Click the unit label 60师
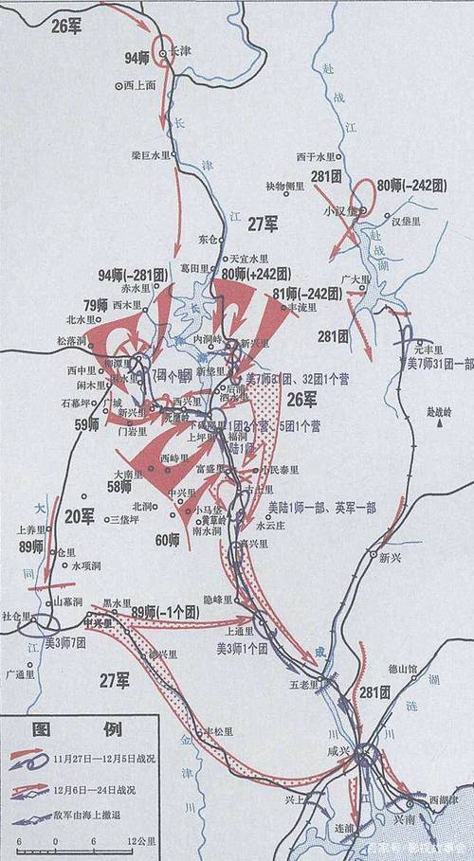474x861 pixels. click(x=167, y=540)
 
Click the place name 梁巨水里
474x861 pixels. click(x=152, y=155)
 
